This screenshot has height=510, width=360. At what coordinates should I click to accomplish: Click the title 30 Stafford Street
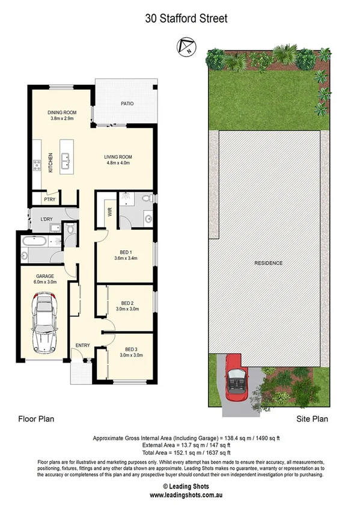click(186, 19)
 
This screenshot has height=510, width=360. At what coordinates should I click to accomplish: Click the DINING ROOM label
click(61, 112)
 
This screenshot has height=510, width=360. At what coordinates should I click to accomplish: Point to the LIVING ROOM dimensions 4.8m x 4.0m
click(118, 163)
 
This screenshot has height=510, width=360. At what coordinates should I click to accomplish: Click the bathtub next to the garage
click(37, 242)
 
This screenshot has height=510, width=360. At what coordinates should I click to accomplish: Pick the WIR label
click(110, 212)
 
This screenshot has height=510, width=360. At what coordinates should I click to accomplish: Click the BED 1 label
click(126, 252)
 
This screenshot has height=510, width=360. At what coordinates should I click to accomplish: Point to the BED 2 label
click(127, 303)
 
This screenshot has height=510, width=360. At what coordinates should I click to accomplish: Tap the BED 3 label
click(131, 349)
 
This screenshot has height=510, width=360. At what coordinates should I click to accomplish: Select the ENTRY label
click(82, 345)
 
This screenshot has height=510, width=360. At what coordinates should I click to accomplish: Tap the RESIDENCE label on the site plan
click(268, 263)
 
